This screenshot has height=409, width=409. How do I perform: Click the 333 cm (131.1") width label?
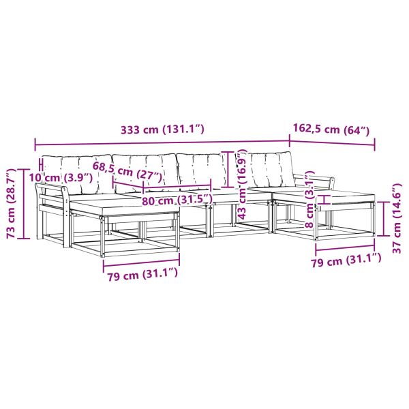pos(162,130)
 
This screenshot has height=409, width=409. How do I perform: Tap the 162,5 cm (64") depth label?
pos(331,130)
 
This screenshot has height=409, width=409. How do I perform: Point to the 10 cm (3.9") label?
pos(61,178)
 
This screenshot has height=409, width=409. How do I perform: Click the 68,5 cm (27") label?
pos(128,172)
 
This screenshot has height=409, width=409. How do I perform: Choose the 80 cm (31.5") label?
pos(177,200)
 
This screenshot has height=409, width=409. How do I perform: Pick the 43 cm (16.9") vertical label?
pos(242,185)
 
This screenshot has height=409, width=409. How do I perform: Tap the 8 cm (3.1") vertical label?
pos(310,200)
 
